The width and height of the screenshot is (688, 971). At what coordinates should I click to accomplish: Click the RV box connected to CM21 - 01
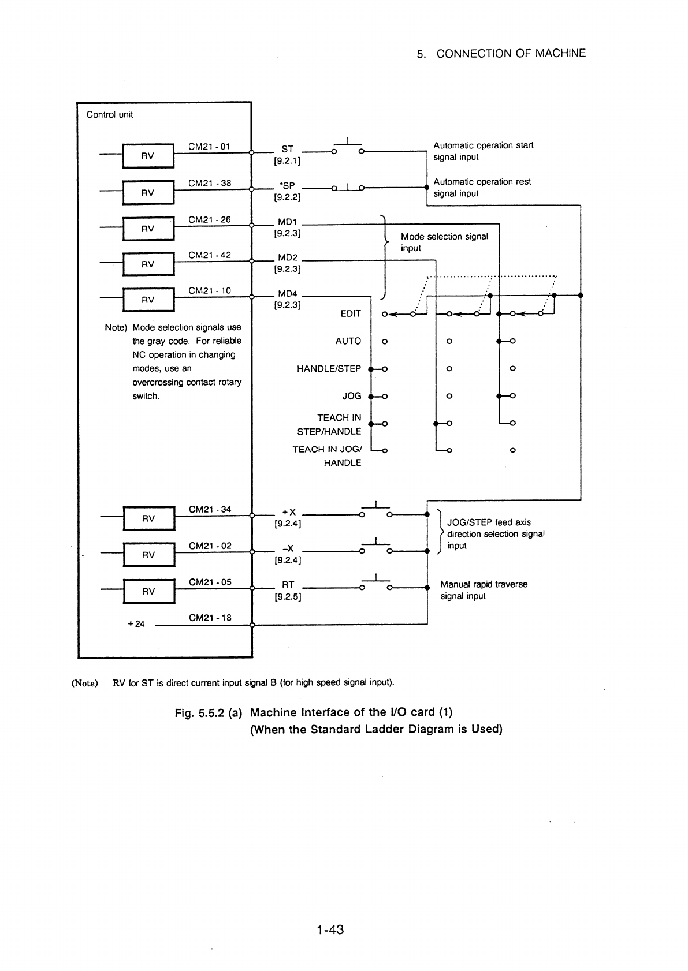coord(148,156)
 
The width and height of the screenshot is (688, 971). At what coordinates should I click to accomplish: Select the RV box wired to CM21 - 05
coord(149,591)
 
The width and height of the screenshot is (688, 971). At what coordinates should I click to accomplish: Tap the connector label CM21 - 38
coord(210,184)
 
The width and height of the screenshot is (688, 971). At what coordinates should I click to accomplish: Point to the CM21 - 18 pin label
coord(210,618)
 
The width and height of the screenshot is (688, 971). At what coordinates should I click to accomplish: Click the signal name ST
coord(288,149)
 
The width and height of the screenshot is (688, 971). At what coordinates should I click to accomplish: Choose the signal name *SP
coord(287,185)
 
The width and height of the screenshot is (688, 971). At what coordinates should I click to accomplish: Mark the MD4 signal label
coord(288,293)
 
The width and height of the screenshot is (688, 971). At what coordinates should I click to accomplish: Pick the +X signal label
coord(289,512)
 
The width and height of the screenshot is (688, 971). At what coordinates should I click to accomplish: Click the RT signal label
coord(288,584)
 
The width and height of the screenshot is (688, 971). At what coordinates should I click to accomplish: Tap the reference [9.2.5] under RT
coord(288,596)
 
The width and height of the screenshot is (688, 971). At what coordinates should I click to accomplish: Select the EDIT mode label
coord(351,313)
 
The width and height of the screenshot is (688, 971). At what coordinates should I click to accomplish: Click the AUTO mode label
coord(348,341)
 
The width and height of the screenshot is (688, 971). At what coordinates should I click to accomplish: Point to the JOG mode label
coord(352,396)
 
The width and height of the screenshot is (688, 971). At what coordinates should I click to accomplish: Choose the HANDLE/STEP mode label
coord(329,368)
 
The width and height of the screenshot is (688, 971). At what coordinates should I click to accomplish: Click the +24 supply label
coord(136,624)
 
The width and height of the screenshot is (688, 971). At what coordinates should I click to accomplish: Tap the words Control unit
coord(110,114)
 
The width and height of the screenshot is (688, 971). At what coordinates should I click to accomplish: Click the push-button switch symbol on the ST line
coord(348,147)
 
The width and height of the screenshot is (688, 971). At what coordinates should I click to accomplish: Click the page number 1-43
coord(330,929)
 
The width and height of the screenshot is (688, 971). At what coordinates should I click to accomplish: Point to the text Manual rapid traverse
coord(484,584)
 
